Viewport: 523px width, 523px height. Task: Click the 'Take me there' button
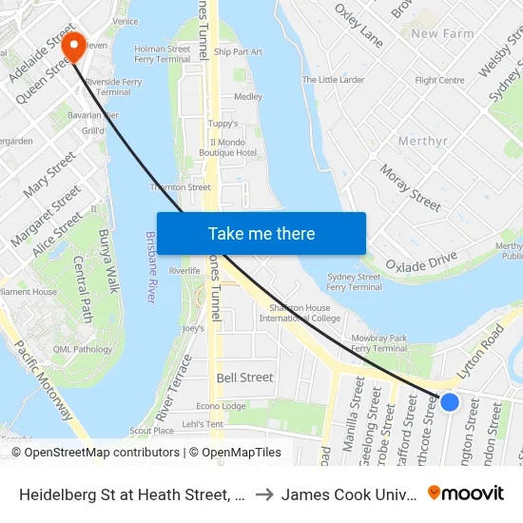261,234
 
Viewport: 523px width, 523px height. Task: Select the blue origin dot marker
450,402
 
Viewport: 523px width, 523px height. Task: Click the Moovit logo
465,493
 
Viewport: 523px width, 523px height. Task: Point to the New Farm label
442,34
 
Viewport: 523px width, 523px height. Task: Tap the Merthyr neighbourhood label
423,142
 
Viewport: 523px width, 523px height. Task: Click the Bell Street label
244,378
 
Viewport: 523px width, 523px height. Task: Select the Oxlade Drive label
421,260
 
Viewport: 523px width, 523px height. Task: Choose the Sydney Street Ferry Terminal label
354,281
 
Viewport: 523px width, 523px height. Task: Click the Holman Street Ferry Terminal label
163,54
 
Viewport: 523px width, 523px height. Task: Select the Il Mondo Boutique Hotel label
234,147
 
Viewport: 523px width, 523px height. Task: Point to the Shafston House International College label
303,313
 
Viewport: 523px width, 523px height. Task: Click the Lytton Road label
480,350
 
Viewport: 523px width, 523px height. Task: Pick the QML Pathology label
83,349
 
